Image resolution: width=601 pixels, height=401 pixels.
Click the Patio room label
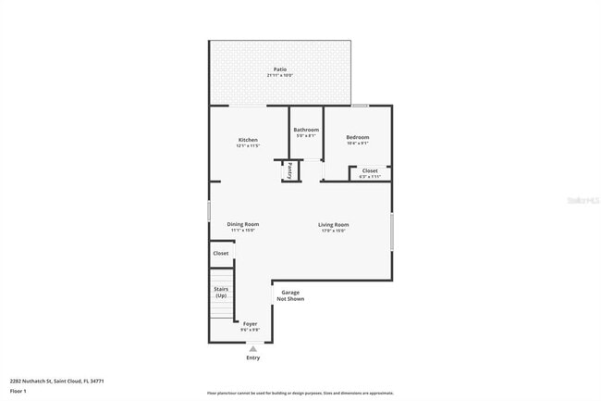279,69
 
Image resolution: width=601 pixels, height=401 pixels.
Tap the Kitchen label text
248,140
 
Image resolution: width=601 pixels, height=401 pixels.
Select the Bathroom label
306,130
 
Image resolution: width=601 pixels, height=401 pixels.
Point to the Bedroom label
358,138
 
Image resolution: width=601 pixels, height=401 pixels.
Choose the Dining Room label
243,224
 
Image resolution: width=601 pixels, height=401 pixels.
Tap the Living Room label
333,224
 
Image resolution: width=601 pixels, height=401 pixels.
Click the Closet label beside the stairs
221,253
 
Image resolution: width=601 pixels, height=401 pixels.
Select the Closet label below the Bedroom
370,170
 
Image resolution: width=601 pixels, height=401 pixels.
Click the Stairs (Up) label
221,292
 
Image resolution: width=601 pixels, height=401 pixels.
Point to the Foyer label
251,323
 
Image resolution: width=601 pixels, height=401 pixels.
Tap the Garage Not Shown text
291,295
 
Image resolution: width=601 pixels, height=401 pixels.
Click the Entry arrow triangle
252,348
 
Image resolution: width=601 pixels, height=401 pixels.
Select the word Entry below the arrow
252,357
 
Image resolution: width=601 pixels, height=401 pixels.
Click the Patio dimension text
279,76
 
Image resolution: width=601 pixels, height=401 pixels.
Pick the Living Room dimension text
333,231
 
